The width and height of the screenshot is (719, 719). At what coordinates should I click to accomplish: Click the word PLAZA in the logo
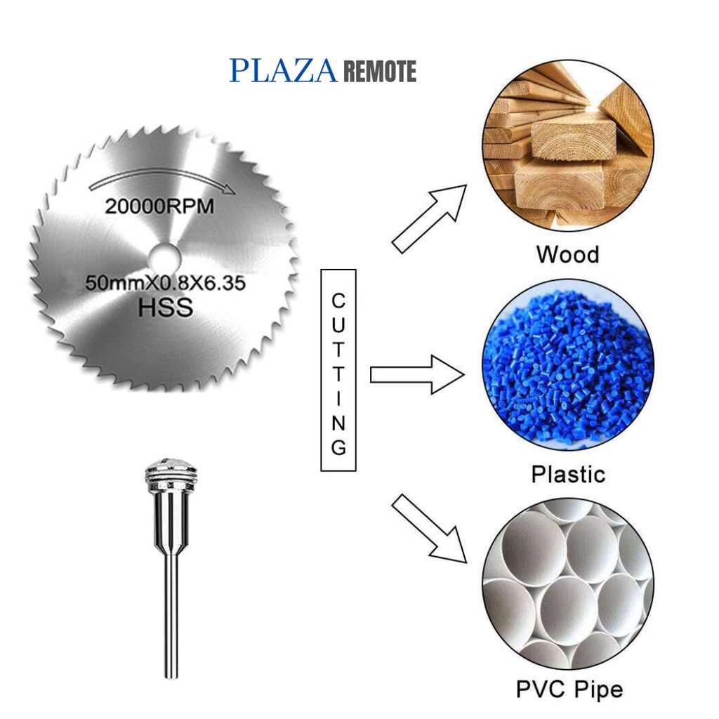coord(284,72)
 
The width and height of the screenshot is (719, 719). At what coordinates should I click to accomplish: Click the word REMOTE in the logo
coord(380,72)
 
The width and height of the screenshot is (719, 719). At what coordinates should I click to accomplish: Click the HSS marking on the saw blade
coord(166,308)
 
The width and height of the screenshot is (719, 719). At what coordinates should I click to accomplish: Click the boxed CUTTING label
coord(338,370)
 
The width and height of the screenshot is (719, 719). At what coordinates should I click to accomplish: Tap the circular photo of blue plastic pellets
coord(567,365)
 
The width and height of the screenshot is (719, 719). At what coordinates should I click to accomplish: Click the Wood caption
coord(567,253)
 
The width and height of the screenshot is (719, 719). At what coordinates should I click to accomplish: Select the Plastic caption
coord(567,474)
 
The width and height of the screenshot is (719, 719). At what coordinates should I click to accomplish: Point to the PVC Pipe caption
coord(569,689)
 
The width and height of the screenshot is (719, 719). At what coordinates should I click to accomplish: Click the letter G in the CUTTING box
coord(338,447)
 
